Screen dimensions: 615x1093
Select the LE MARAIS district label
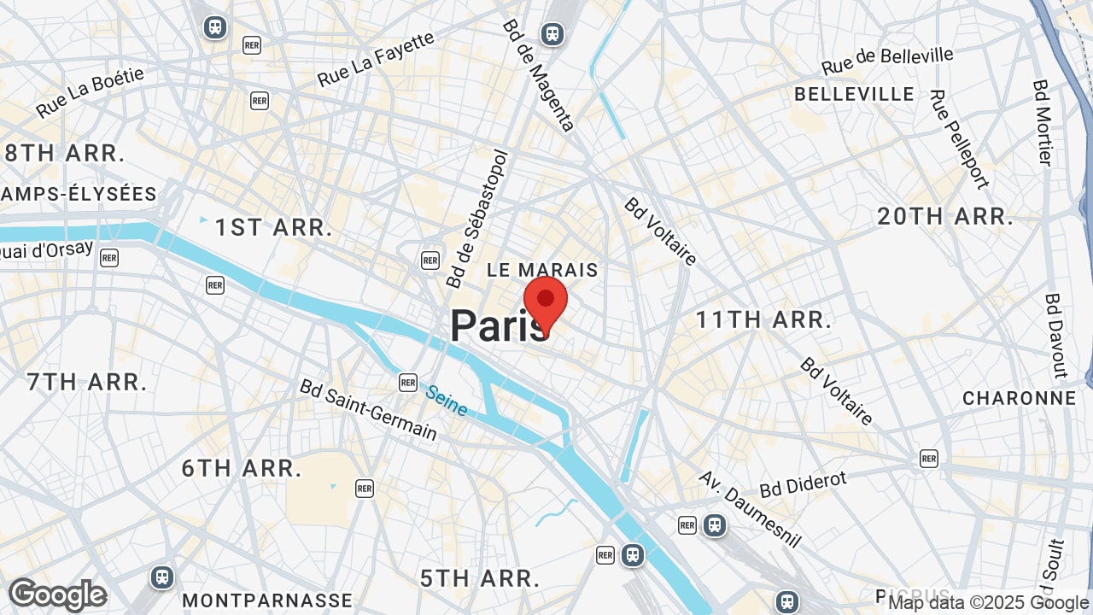coord(542,270)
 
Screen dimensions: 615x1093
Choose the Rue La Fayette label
coord(376,60)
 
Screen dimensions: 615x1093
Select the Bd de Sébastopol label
coord(477,220)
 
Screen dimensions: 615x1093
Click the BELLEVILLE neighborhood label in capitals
coord(854,94)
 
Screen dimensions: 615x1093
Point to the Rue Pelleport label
coord(959,139)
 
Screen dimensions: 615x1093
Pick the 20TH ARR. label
coord(945,216)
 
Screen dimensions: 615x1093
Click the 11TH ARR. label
coord(763,320)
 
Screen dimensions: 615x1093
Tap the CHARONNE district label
coord(1019,398)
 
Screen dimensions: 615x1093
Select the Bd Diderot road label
coord(803,483)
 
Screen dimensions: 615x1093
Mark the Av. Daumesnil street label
coord(751,509)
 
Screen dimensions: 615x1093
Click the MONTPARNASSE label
coord(267,600)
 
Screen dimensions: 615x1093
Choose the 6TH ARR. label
coord(242,468)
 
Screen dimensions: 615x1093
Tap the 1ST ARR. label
coord(273,227)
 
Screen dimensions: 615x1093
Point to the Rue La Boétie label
coord(91,92)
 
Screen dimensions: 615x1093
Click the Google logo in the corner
coord(57,594)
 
